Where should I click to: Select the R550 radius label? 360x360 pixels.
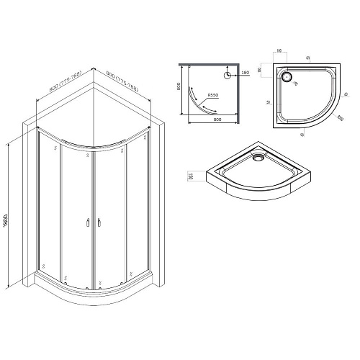tap(213, 95)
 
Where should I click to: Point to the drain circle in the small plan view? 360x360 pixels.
tap(228, 74)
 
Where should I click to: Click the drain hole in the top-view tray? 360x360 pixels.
tap(288, 75)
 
